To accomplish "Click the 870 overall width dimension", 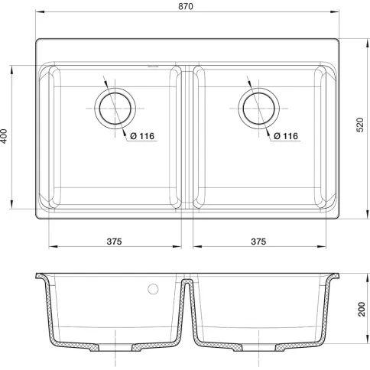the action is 186,6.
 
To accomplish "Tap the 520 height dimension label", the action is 360,125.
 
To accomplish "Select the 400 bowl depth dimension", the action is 4,136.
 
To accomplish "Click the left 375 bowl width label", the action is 114,242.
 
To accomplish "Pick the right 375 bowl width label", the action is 258,242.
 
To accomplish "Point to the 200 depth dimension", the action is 362,309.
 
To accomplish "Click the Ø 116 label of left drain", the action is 142,136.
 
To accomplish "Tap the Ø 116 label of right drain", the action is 286,136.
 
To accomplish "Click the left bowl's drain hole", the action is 115,109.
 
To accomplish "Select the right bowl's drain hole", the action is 259,109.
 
